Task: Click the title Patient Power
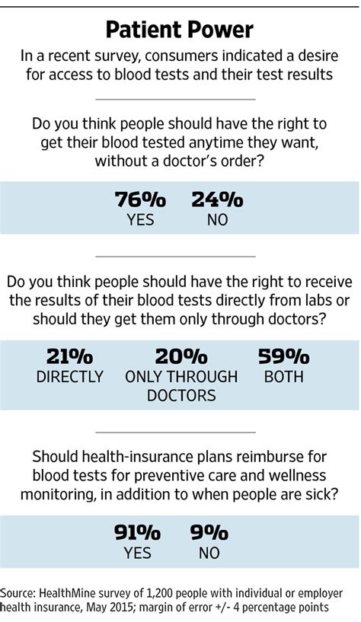(x=179, y=30)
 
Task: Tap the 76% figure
(x=140, y=199)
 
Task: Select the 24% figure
(x=217, y=199)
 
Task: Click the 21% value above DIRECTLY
(x=70, y=356)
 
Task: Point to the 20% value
(x=181, y=356)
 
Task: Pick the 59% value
(x=283, y=356)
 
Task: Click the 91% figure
(x=138, y=533)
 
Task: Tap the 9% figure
(x=209, y=533)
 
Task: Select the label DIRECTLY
(x=70, y=376)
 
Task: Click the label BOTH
(x=283, y=376)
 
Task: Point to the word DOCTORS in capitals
(x=181, y=395)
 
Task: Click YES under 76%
(x=140, y=219)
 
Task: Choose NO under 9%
(x=209, y=553)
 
